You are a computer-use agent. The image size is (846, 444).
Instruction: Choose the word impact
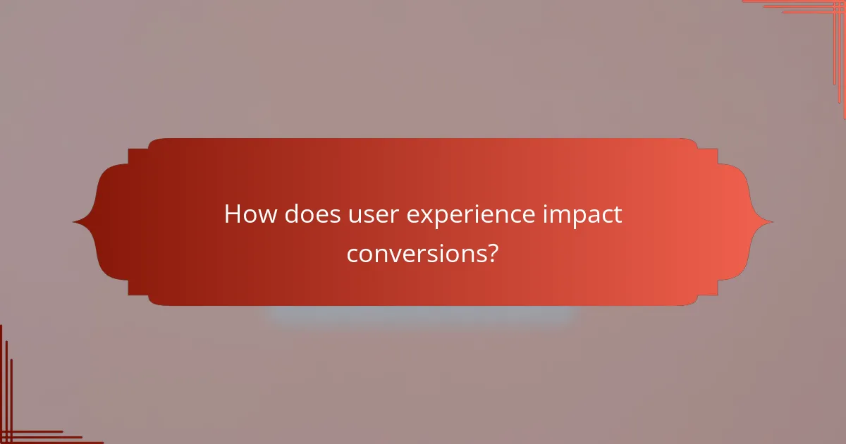coord(582,216)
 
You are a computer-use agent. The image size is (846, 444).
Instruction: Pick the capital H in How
coord(232,214)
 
